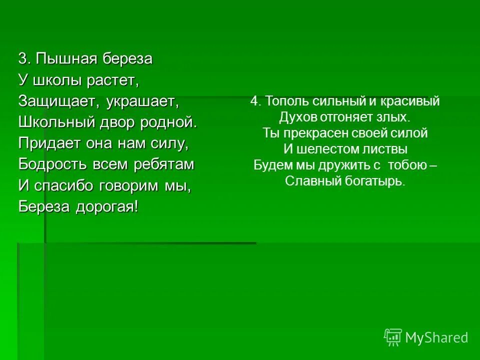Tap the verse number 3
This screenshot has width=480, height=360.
[22, 59]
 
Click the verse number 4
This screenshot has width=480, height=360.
[255, 101]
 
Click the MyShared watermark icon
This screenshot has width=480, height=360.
[393, 337]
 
